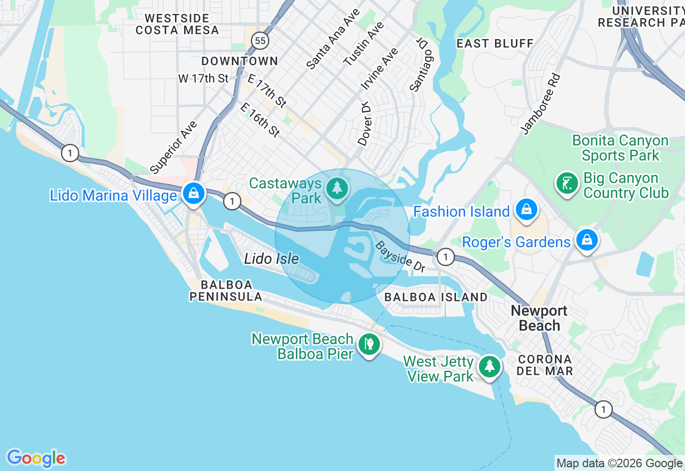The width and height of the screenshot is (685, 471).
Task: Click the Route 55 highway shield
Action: (x=260, y=40)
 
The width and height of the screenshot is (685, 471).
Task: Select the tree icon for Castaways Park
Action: (x=337, y=188)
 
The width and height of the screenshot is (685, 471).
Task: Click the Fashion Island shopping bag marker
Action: (x=527, y=210)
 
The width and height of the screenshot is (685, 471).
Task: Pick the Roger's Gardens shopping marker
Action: (x=587, y=240)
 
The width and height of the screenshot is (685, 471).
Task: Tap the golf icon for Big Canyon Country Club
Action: (x=567, y=184)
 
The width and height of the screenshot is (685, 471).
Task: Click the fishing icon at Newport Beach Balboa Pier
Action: (x=369, y=344)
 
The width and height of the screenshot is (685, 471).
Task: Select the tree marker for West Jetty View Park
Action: (x=489, y=367)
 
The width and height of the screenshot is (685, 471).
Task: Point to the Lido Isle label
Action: (x=271, y=259)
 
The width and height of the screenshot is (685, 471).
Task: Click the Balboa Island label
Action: (x=436, y=297)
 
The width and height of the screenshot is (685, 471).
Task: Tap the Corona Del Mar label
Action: (x=545, y=364)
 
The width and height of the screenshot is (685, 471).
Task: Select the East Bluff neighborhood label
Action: (x=495, y=43)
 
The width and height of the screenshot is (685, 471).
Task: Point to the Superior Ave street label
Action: (x=174, y=148)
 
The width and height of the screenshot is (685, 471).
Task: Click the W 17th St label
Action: (x=203, y=79)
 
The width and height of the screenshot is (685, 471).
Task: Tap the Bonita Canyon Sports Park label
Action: (x=620, y=148)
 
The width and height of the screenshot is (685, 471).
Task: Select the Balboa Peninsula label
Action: (x=225, y=291)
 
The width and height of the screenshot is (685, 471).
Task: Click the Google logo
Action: (x=36, y=458)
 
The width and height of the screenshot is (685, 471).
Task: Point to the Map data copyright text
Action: (x=619, y=464)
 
